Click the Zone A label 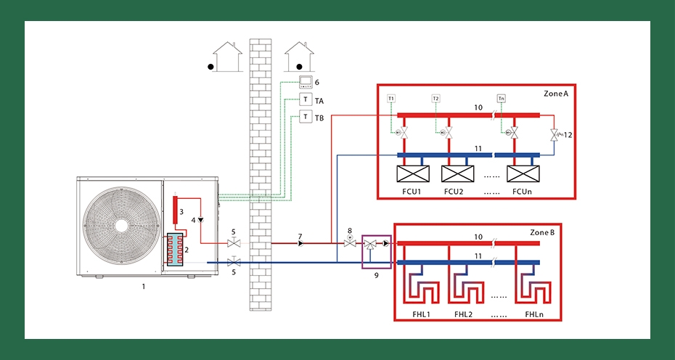click(556, 94)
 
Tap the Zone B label click(543, 232)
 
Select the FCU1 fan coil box click(412, 174)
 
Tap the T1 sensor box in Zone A click(391, 97)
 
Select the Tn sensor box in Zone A click(502, 97)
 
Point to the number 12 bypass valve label click(568, 134)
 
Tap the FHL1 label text click(422, 314)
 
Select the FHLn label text click(534, 314)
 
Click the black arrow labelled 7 click(300, 243)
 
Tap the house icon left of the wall click(225, 57)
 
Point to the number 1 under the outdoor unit click(144, 287)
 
